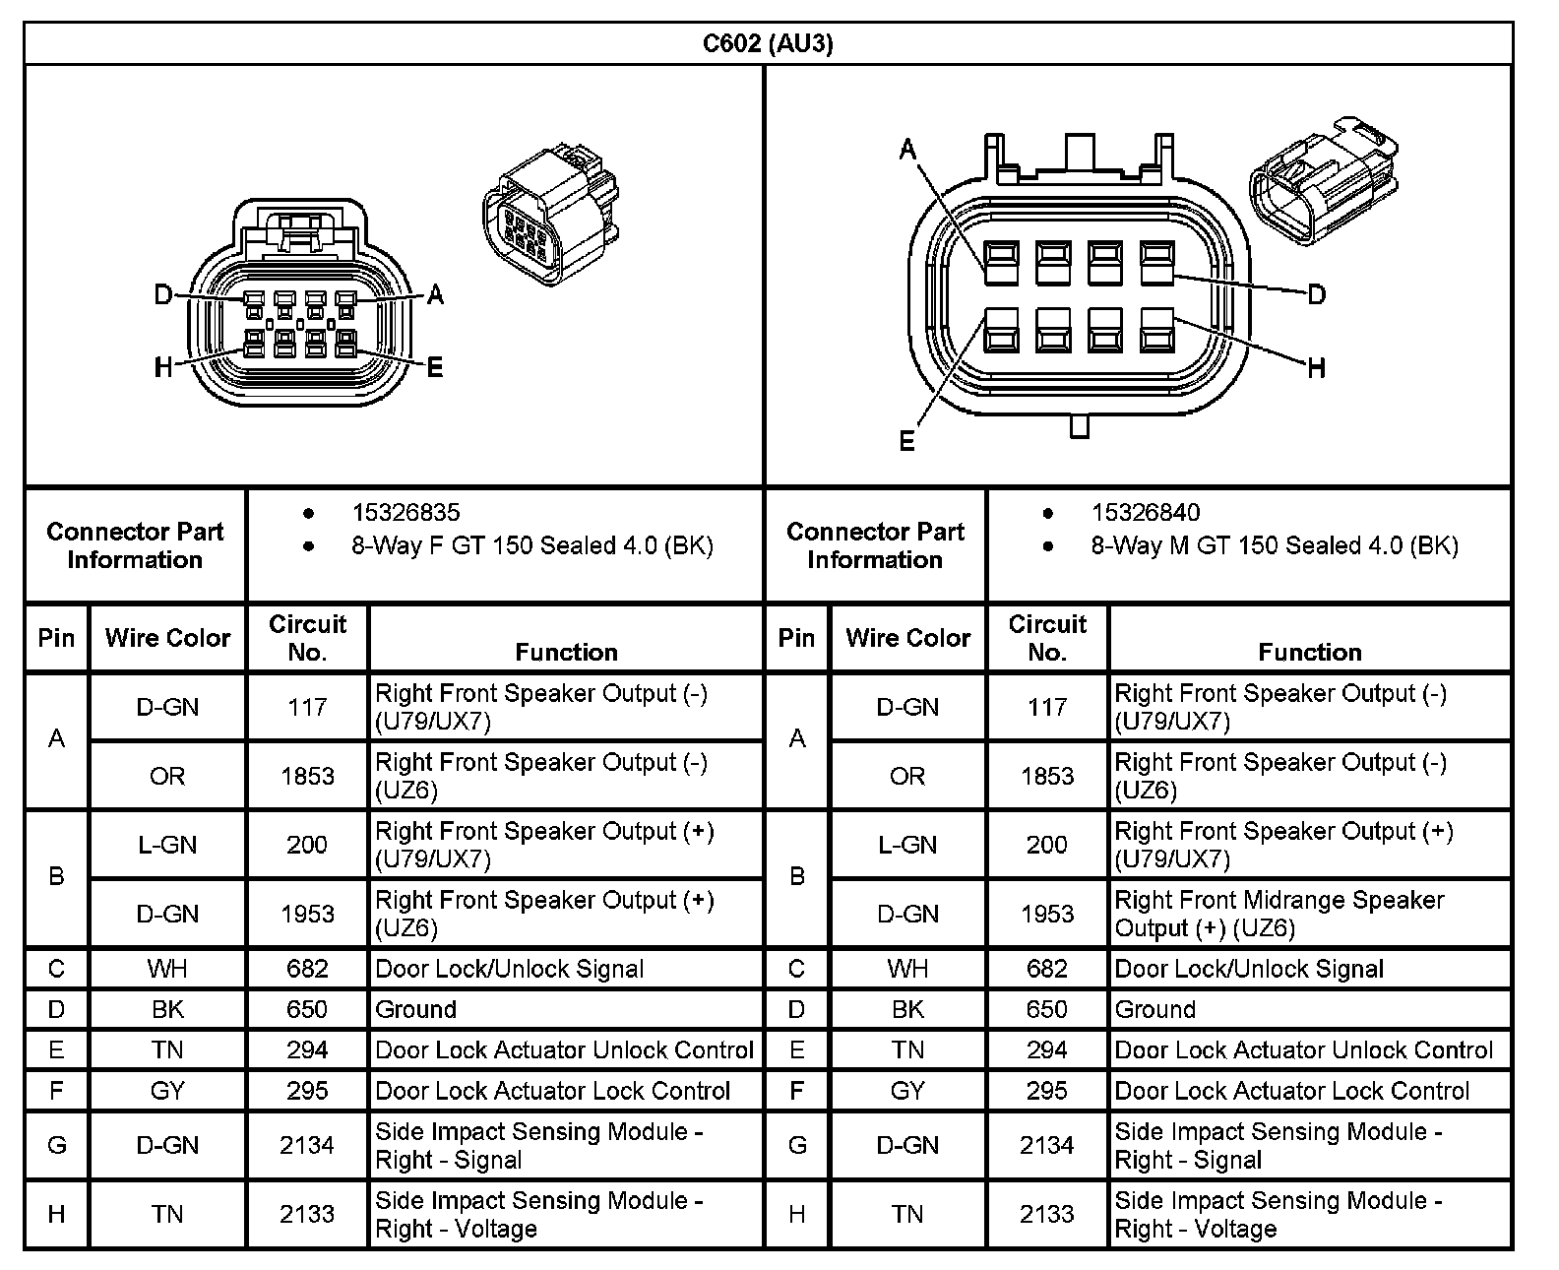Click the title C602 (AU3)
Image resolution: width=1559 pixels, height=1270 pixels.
coord(767,44)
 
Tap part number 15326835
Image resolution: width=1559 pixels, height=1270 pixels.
coord(405,512)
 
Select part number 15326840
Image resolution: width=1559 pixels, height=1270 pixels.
coord(1146,512)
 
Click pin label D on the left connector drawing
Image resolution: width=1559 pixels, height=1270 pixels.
coord(163,294)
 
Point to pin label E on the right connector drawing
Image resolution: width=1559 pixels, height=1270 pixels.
coord(907,440)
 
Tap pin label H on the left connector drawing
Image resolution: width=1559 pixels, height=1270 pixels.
coord(163,367)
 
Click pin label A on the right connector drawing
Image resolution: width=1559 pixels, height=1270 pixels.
coord(907,150)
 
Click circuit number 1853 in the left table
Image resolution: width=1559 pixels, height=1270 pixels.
coord(307,776)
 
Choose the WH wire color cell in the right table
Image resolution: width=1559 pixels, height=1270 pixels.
coord(907,969)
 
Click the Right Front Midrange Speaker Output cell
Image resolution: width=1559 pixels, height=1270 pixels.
coord(1278,914)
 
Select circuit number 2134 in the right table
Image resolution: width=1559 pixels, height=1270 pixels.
coord(1046,1145)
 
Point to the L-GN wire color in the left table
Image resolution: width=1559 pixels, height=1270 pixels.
coord(167,845)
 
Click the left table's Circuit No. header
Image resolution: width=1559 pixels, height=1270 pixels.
coord(307,638)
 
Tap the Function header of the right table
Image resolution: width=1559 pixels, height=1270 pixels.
coord(1309,652)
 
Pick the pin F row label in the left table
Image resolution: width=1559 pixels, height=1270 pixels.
coord(56,1091)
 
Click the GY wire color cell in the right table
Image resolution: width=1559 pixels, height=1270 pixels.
coord(907,1091)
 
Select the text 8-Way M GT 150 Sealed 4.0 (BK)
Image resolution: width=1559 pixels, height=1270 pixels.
coord(1274,545)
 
